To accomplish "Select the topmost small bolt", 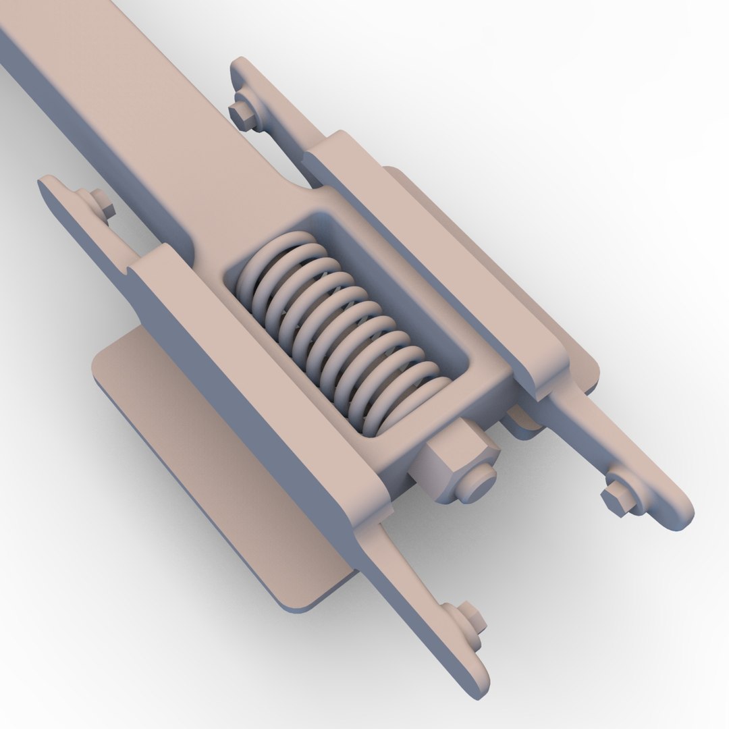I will click(241, 115).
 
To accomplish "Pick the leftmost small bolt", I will click(99, 202).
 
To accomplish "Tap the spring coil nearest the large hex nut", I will click(412, 406).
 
